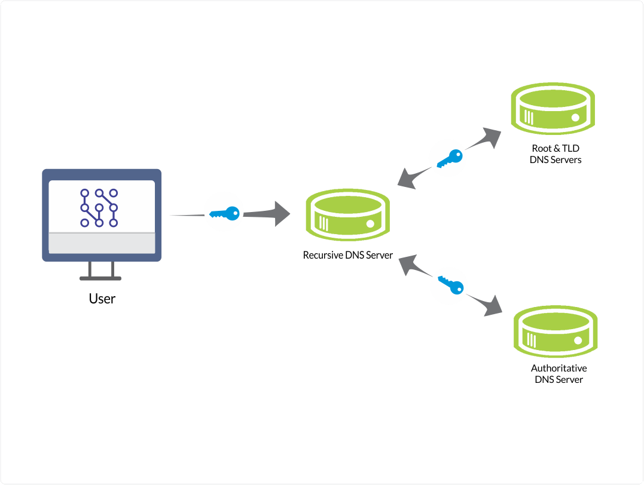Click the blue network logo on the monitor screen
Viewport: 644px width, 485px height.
tap(99, 208)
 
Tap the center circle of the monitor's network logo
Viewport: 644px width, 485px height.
tap(99, 208)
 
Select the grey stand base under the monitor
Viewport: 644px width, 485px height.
tap(100, 278)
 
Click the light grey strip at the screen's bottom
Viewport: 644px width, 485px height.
tap(102, 243)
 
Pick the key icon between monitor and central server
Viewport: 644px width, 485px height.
tap(224, 211)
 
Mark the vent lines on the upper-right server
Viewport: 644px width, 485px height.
tap(528, 116)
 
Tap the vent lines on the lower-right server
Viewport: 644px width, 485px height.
tap(531, 338)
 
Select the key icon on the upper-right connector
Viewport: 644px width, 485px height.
tap(447, 158)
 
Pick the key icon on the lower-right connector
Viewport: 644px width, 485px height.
tap(448, 284)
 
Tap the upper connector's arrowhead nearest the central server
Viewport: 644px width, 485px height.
tap(407, 179)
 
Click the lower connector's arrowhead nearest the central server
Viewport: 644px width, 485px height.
tap(408, 263)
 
